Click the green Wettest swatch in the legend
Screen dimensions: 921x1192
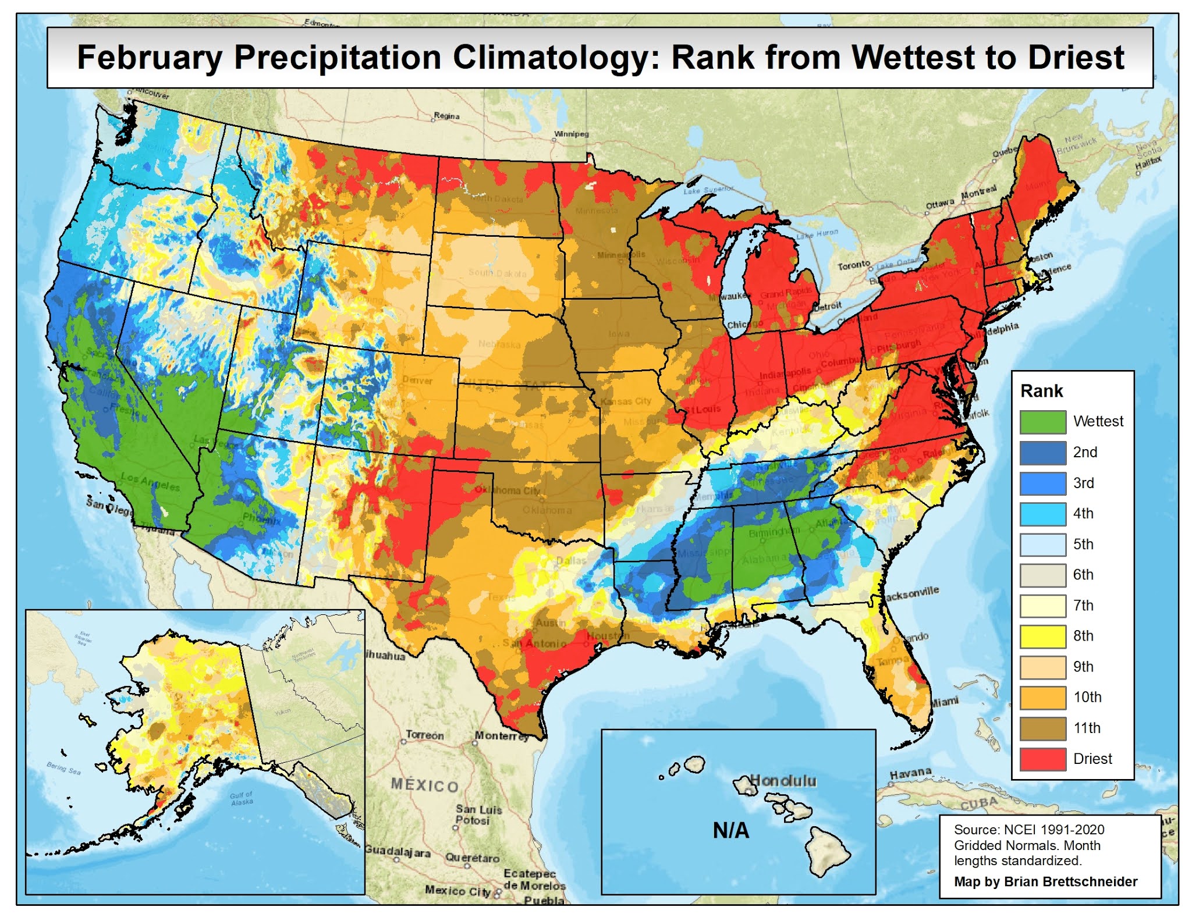(x=1042, y=422)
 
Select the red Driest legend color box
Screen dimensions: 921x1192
(x=1042, y=759)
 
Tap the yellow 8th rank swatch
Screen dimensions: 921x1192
(x=1042, y=636)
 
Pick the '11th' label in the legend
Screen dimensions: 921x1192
(x=1087, y=728)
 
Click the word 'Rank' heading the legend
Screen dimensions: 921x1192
(x=1041, y=391)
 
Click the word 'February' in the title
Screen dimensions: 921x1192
(x=150, y=58)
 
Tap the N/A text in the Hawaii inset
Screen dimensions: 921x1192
(x=731, y=830)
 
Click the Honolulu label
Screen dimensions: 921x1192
(x=783, y=780)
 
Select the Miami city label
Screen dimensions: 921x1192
(x=944, y=702)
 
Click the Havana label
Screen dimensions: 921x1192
(x=910, y=773)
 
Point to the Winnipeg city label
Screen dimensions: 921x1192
(x=571, y=134)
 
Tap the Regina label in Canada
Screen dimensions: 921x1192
(x=446, y=116)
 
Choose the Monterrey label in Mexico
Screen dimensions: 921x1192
(x=501, y=736)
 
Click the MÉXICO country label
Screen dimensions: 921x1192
(x=425, y=785)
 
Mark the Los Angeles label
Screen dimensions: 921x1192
(x=150, y=482)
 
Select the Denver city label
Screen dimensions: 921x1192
(x=417, y=381)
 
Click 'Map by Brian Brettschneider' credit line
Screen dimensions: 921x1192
(x=1045, y=881)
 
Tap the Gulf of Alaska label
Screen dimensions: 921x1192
(x=242, y=798)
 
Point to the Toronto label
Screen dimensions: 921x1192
(x=853, y=265)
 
